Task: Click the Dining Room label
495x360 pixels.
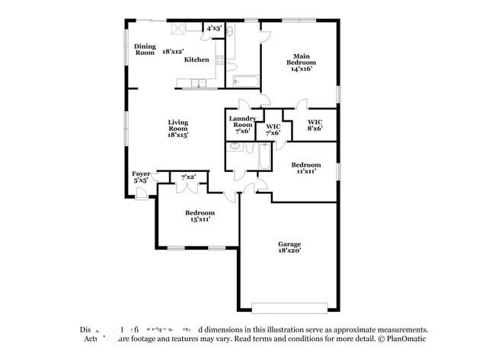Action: pos(145,49)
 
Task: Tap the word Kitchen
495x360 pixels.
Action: pos(196,59)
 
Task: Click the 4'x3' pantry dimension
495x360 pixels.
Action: pos(214,28)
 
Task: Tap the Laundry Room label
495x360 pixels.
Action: pos(242,124)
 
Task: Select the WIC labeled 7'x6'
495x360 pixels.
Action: pos(272,129)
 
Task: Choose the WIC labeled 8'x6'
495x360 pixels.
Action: pos(315,125)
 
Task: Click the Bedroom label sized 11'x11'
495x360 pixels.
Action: pos(305,167)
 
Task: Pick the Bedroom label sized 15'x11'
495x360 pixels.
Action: pos(200,215)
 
